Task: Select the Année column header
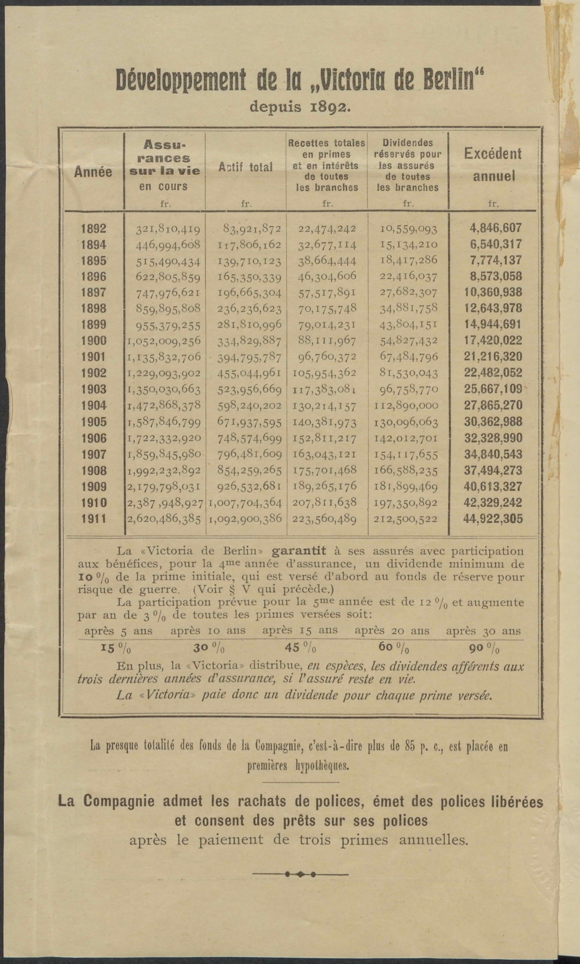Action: pyautogui.click(x=93, y=172)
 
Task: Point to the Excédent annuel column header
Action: pyautogui.click(x=493, y=165)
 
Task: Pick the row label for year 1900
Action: pyautogui.click(x=93, y=341)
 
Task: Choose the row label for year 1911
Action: pyautogui.click(x=93, y=519)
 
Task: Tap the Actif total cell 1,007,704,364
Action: pyautogui.click(x=245, y=503)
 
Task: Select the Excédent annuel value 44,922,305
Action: pyautogui.click(x=493, y=519)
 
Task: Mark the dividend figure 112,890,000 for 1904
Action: pyautogui.click(x=406, y=406)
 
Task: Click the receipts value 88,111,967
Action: pyautogui.click(x=327, y=341)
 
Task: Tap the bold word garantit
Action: pyautogui.click(x=299, y=551)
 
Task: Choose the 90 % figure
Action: pyautogui.click(x=484, y=648)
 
